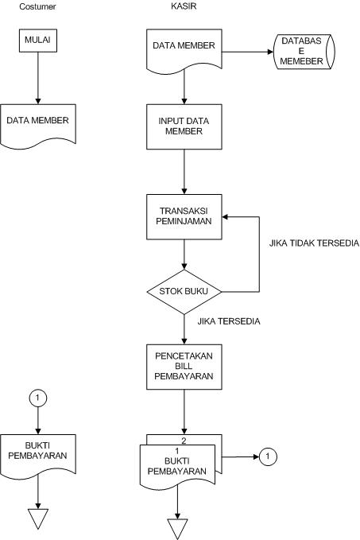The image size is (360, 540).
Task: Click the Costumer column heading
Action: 37,6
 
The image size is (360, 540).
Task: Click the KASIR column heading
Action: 184,6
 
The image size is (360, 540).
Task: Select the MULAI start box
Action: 37,39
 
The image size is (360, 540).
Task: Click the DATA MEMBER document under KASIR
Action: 184,48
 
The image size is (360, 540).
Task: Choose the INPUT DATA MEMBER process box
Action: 184,125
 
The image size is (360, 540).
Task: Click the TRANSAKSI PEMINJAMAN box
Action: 184,216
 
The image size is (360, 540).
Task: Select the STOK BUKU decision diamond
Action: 184,291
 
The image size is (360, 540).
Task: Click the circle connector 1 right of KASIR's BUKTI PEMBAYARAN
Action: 268,456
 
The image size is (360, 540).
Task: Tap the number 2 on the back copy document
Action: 184,440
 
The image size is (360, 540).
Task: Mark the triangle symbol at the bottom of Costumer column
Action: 37,519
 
